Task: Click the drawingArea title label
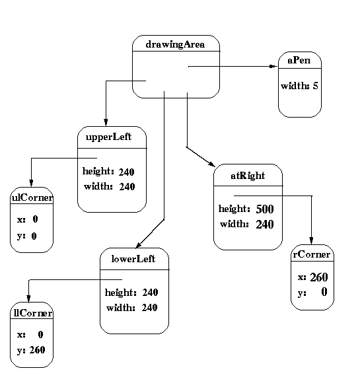pos(175,44)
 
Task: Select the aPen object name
pos(299,60)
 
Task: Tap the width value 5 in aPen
pos(315,86)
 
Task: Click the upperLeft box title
pos(108,137)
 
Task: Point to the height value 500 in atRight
pos(265,209)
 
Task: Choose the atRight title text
pos(248,176)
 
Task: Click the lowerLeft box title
pos(133,259)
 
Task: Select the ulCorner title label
pos(32,197)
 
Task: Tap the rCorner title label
pos(312,254)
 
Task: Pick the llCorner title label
pos(32,313)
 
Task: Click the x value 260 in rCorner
pos(319,277)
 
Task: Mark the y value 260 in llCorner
pos(38,350)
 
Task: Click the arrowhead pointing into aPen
pos(273,66)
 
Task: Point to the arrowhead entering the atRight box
pos(211,164)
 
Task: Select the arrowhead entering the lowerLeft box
pos(139,246)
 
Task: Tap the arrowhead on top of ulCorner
pos(31,183)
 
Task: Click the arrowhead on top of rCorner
pos(311,240)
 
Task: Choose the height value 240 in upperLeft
pos(127,172)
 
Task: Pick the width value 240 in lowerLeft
pos(149,308)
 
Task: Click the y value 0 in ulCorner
pos(34,236)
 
